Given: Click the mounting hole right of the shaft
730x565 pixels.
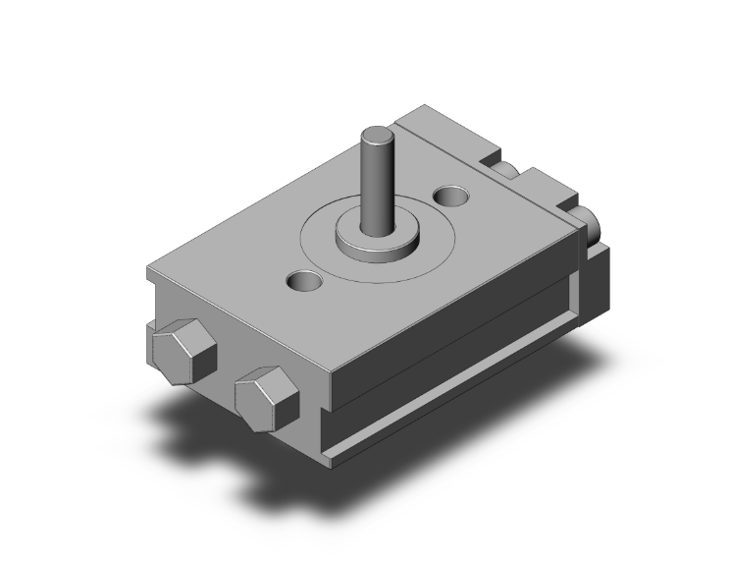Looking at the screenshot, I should tap(452, 198).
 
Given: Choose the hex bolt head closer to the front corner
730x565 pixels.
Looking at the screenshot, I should tap(265, 395).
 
